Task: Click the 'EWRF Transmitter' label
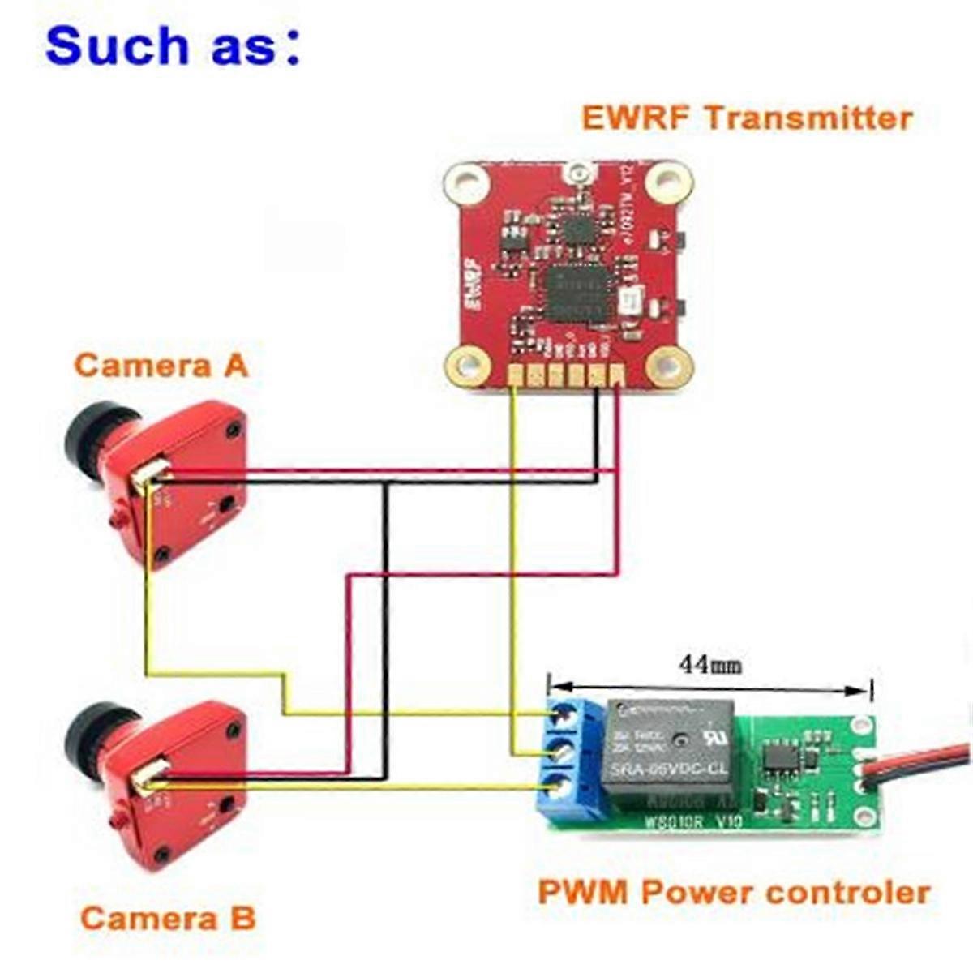[747, 118]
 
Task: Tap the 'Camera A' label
[161, 365]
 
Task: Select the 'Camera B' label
[168, 918]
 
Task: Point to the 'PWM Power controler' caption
[734, 893]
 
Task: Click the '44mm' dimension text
[710, 665]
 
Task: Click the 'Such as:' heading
[173, 45]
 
